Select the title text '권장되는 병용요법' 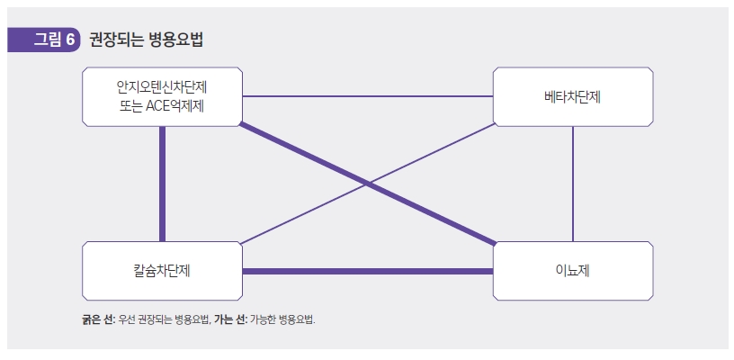coord(146,40)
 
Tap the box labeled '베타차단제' coord(573,96)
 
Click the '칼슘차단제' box coord(162,270)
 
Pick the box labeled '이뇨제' coord(573,270)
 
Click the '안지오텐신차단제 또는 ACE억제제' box coord(162,96)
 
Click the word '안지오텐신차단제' coord(162,87)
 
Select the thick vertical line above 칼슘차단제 coord(162,184)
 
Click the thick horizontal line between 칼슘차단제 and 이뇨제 coord(367,271)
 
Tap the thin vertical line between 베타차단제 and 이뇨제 coord(573,184)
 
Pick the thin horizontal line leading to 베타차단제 coord(367,96)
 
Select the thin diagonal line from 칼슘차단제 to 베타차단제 coord(306,212)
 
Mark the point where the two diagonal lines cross coord(368,183)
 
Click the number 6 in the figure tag coord(69,40)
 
